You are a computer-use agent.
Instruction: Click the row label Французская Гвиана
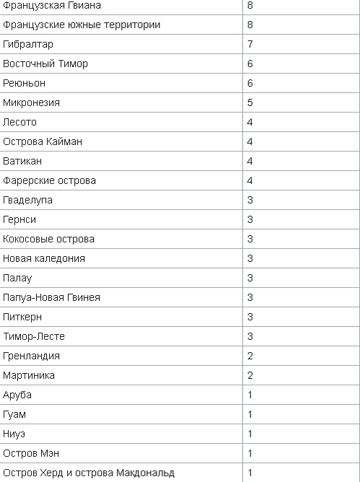[x=52, y=6]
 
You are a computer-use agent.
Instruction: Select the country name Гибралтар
[x=28, y=45]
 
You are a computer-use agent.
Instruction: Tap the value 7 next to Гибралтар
[x=250, y=45]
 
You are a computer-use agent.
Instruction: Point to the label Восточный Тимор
[x=45, y=64]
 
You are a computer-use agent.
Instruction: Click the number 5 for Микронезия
[x=250, y=103]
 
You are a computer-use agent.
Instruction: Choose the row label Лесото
[x=19, y=123]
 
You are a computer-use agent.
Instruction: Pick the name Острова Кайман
[x=43, y=142]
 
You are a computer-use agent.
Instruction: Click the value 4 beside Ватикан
[x=250, y=162]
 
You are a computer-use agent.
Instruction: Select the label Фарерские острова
[x=49, y=181]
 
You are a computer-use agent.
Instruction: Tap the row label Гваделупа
[x=27, y=201]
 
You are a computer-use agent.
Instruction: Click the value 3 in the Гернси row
[x=250, y=220]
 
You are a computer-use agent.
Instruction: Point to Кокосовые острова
[x=48, y=240]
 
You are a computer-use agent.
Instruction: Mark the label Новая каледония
[x=44, y=259]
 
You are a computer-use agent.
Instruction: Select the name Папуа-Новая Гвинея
[x=51, y=298]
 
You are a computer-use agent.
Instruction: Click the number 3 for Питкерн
[x=250, y=317]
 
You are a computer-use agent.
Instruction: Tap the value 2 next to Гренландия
[x=250, y=356]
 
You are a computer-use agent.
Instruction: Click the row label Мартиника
[x=28, y=376]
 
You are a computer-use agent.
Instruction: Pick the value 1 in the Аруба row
[x=250, y=395]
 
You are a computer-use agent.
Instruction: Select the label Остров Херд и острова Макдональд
[x=89, y=473]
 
